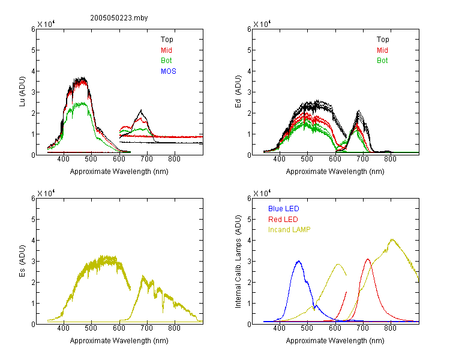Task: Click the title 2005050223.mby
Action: coord(119,18)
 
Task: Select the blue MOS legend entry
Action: coord(169,71)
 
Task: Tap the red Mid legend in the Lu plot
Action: coord(166,50)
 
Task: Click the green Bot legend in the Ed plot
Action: coord(382,61)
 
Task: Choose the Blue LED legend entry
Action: coord(284,209)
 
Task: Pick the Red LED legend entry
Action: coord(283,220)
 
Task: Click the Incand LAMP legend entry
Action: coord(289,230)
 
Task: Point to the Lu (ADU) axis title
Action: coord(22,92)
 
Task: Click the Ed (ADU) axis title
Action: coord(238,92)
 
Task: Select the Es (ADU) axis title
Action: coord(22,261)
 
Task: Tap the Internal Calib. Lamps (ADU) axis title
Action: coord(238,262)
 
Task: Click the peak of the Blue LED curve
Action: coord(299,261)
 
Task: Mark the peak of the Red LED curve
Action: coord(368,259)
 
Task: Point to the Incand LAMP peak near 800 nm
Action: coord(392,239)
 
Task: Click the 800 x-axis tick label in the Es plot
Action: coord(174,328)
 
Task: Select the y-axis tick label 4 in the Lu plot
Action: coord(33,71)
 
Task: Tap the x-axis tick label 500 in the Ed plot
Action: coord(307,159)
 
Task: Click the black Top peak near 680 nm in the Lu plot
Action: coord(141,110)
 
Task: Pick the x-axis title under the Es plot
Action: coord(119,340)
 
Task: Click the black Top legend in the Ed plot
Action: coord(383,40)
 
